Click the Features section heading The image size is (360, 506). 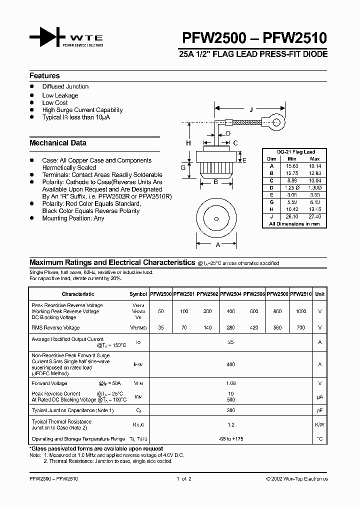tap(44, 76)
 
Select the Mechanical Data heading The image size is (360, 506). tap(58, 143)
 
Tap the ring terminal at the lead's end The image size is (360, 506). tap(275, 120)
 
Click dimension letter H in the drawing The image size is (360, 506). tap(188, 143)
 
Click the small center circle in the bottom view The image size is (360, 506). tap(216, 219)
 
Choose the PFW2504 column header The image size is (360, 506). tap(230, 294)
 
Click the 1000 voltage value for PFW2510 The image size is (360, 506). tap(301, 311)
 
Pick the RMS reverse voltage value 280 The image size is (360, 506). tap(231, 328)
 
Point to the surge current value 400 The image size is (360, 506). tap(230, 364)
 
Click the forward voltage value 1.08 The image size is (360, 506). tap(230, 383)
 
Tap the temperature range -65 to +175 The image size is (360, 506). tap(230, 438)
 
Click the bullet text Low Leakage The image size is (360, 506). tap(60, 95)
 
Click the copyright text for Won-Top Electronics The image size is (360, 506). tap(296, 479)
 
